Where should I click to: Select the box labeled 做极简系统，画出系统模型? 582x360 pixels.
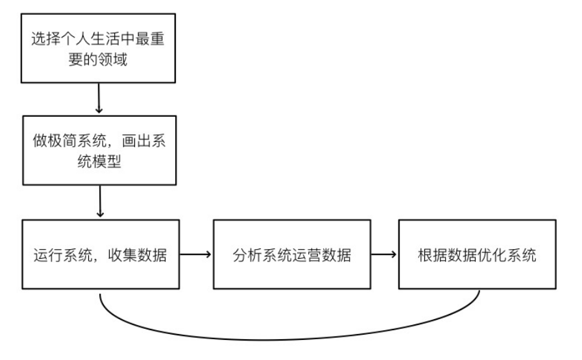(98, 150)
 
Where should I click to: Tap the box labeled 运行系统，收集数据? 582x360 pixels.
(101, 254)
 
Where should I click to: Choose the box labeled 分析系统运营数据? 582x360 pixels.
(291, 254)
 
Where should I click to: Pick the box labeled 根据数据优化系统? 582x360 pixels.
(477, 254)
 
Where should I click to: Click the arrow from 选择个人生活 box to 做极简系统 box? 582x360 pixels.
(99, 99)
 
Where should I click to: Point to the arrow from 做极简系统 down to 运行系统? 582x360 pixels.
(99, 202)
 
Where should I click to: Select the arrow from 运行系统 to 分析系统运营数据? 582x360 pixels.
(195, 254)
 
